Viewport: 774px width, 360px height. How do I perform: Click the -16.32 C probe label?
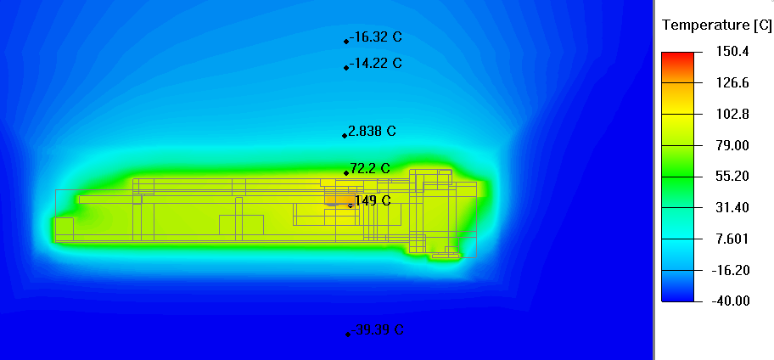[375, 37]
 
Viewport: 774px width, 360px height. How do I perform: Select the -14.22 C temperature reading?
[375, 64]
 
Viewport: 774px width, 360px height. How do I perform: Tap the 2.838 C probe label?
[372, 132]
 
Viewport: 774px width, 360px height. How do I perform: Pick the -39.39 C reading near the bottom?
[377, 330]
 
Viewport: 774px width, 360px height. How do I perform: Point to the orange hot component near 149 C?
[339, 200]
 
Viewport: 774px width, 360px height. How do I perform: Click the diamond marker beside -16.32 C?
[346, 41]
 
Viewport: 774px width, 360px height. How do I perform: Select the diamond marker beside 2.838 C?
[345, 135]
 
